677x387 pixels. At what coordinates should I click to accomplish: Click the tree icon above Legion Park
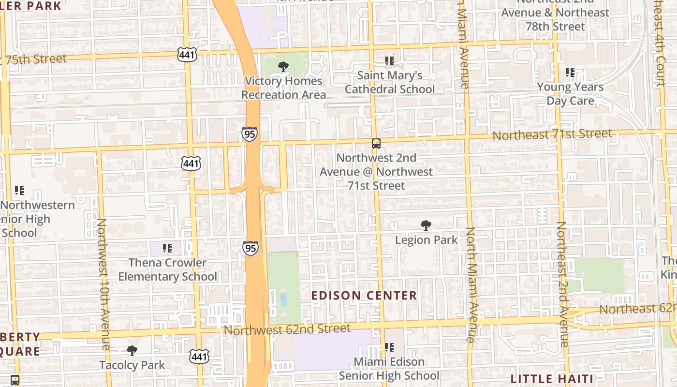(x=426, y=225)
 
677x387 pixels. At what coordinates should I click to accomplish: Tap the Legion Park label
(x=426, y=239)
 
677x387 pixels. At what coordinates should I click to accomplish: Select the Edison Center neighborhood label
(x=364, y=296)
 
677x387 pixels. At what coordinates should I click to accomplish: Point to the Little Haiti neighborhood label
(x=552, y=378)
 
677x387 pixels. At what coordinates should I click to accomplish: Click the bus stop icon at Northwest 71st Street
(x=376, y=144)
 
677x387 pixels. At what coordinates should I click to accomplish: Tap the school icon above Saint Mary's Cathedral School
(x=389, y=61)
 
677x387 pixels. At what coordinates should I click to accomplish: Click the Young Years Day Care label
(x=570, y=94)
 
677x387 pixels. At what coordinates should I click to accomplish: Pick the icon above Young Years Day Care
(x=570, y=73)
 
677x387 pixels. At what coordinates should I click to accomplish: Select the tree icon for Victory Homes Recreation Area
(x=283, y=67)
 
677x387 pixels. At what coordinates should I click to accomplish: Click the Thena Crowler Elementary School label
(x=167, y=269)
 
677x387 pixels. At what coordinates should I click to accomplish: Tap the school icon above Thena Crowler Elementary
(x=167, y=248)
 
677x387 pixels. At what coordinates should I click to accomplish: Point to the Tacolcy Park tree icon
(x=132, y=351)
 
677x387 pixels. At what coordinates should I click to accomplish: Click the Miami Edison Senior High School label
(x=389, y=369)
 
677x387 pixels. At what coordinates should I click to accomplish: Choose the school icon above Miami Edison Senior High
(x=389, y=347)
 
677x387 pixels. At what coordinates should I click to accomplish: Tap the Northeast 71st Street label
(x=552, y=134)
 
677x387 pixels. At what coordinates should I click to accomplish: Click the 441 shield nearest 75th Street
(x=187, y=55)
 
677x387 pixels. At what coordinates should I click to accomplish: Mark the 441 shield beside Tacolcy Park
(x=199, y=357)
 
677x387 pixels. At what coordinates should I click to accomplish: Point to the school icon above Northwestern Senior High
(x=19, y=191)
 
